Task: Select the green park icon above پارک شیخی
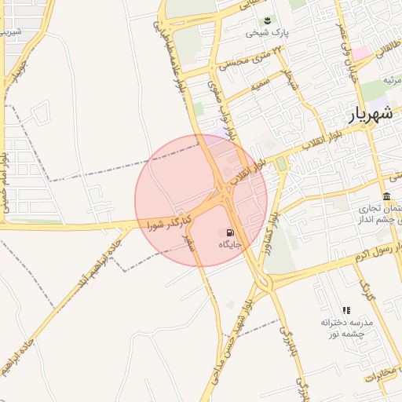click(268, 20)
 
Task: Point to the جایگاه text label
click(229, 245)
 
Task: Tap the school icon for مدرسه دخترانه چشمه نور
click(346, 311)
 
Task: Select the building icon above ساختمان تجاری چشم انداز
click(386, 196)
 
